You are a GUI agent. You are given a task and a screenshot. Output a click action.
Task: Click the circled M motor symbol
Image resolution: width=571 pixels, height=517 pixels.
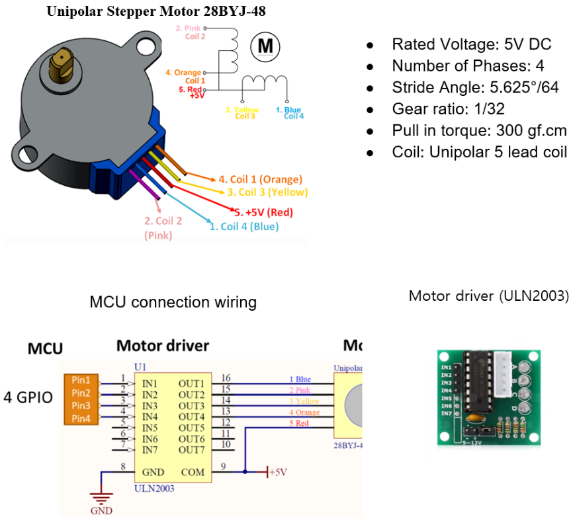265,46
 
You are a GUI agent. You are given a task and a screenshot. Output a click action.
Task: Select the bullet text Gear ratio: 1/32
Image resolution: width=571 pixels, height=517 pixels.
449,108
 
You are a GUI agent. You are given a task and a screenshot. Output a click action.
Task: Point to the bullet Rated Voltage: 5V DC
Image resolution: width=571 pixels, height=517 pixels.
471,44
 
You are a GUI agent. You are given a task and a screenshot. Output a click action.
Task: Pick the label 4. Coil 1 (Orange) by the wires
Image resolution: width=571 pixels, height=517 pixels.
260,179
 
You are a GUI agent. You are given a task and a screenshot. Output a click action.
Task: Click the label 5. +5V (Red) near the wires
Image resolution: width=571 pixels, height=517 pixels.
264,212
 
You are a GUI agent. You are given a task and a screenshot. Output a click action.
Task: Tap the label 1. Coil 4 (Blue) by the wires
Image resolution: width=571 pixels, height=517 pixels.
243,226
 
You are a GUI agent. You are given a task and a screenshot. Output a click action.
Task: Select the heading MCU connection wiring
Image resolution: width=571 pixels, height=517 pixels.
173,303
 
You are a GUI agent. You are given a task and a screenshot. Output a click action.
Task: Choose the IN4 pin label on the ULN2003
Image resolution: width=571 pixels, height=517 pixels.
150,417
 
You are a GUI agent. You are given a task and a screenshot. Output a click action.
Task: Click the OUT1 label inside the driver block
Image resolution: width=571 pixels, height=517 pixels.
191,383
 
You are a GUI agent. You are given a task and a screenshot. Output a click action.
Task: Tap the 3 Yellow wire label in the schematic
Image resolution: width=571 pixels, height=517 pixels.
304,401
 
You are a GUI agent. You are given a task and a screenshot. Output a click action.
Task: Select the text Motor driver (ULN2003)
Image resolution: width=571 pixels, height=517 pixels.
488,295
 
